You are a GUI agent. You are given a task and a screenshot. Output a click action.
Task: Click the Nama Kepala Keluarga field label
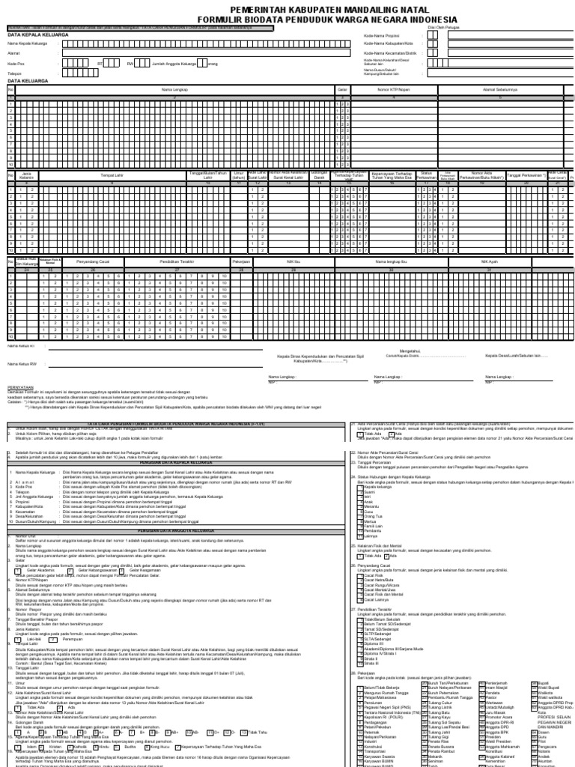click(x=26, y=43)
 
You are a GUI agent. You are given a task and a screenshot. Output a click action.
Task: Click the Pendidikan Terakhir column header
click(x=180, y=262)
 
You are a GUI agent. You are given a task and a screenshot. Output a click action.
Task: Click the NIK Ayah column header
click(x=489, y=262)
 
